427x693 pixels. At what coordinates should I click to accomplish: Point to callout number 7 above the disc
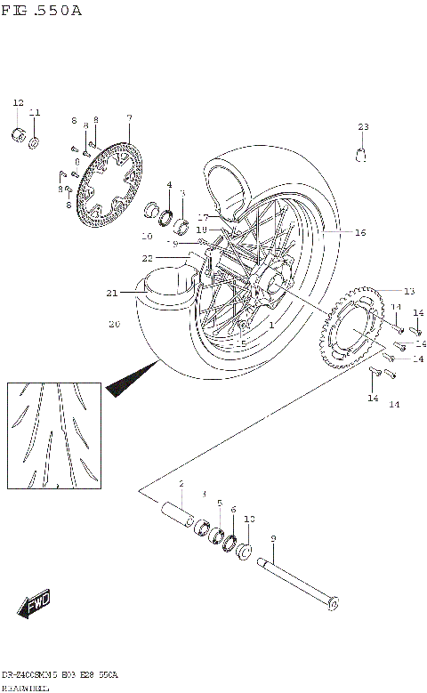pyautogui.click(x=129, y=117)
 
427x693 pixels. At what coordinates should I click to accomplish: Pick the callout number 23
pyautogui.click(x=363, y=126)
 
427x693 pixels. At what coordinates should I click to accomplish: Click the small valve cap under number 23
pyautogui.click(x=363, y=157)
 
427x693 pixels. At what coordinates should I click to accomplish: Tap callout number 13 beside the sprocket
pyautogui.click(x=408, y=291)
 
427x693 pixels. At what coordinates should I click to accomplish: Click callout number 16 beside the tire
pyautogui.click(x=360, y=233)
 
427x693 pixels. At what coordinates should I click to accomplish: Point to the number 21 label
pyautogui.click(x=111, y=294)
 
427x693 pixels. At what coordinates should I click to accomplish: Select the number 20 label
pyautogui.click(x=113, y=325)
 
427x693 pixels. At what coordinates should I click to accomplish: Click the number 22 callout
pyautogui.click(x=172, y=258)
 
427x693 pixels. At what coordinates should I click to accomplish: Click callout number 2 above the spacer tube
pyautogui.click(x=181, y=484)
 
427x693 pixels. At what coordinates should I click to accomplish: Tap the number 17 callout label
pyautogui.click(x=203, y=217)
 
